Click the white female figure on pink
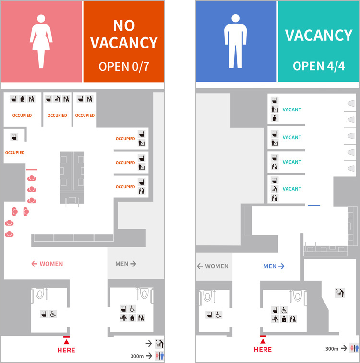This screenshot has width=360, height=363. pyautogui.click(x=41, y=42)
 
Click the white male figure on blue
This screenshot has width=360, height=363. pyautogui.click(x=236, y=41)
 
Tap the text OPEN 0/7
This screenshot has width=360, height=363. pyautogui.click(x=124, y=67)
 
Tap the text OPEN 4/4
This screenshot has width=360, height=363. pyautogui.click(x=319, y=66)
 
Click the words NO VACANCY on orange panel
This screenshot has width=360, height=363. pyautogui.click(x=124, y=34)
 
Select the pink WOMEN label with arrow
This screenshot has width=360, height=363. pyautogui.click(x=47, y=264)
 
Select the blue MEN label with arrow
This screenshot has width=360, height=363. pyautogui.click(x=274, y=266)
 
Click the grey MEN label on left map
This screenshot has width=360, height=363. pyautogui.click(x=126, y=264)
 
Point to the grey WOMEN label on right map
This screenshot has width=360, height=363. pyautogui.click(x=213, y=266)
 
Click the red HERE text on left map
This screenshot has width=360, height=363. pyautogui.click(x=66, y=350)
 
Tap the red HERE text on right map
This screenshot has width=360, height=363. pyautogui.click(x=263, y=350)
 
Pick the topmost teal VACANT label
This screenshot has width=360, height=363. pyautogui.click(x=292, y=110)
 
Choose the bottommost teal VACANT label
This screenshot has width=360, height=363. pyautogui.click(x=292, y=189)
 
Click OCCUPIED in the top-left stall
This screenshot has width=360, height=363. pyautogui.click(x=22, y=115)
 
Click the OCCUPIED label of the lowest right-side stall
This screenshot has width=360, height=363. pyautogui.click(x=125, y=187)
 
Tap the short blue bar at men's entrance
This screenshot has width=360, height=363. pyautogui.click(x=314, y=206)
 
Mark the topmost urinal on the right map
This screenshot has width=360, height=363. pyautogui.click(x=351, y=103)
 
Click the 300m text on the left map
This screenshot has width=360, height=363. pyautogui.click(x=137, y=356)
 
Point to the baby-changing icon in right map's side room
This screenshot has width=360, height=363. pyautogui.click(x=340, y=293)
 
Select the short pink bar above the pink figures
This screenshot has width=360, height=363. pyautogui.click(x=32, y=169)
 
